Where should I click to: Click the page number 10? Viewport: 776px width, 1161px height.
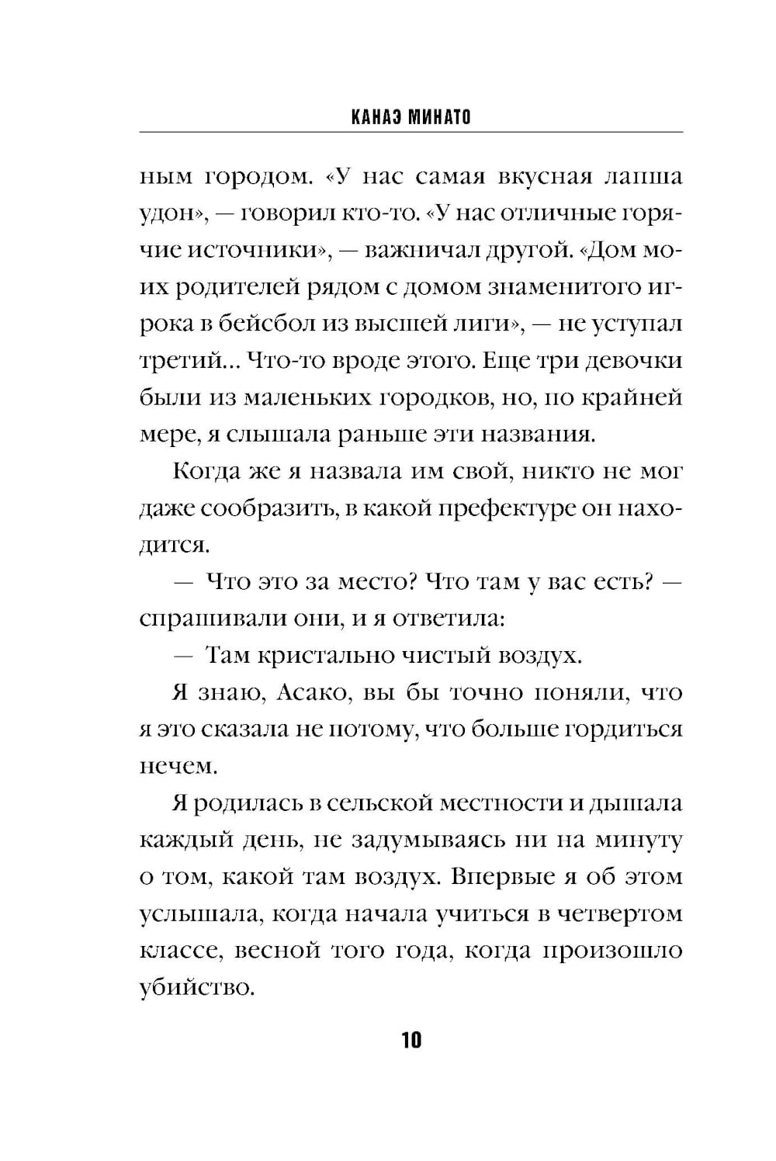tap(411, 1039)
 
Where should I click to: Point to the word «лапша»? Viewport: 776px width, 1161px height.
tap(643, 177)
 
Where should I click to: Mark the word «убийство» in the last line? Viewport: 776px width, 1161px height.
tap(196, 989)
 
